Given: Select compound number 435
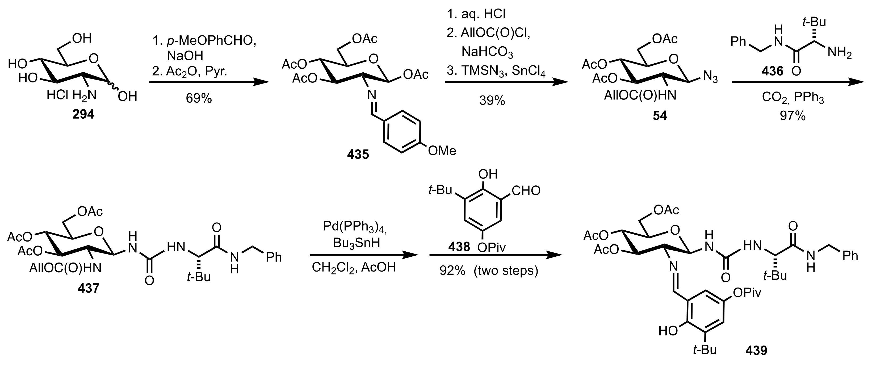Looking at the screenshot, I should click(358, 155).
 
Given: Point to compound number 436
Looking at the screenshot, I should click(772, 71).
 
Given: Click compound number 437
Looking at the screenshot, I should click(89, 289).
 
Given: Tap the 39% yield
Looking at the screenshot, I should click(492, 100).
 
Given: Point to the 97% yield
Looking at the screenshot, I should click(793, 116).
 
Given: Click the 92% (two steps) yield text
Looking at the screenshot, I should click(488, 271).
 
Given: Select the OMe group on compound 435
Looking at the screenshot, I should click(442, 150).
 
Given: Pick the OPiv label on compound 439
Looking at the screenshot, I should click(747, 293).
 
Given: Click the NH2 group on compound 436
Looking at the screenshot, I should click(840, 53).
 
